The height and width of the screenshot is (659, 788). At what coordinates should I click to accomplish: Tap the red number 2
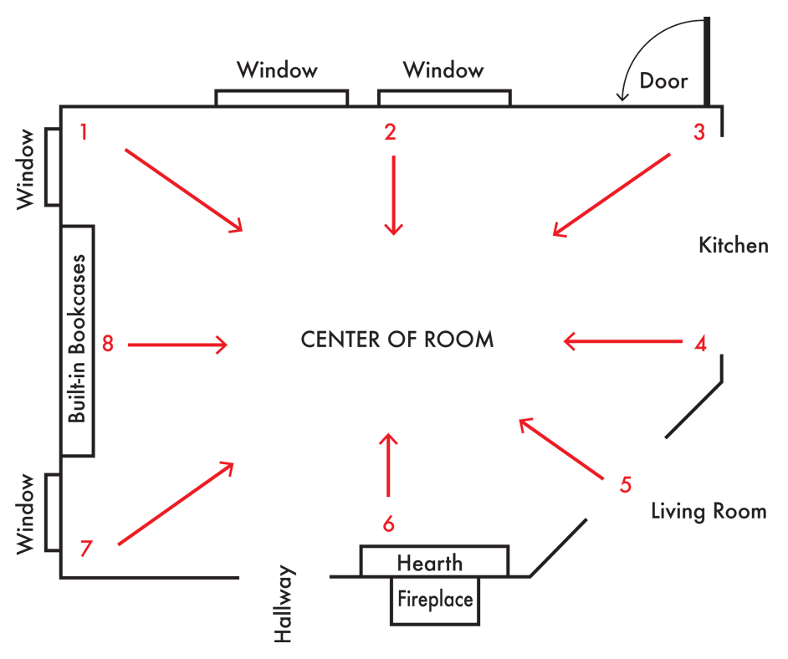click(x=389, y=131)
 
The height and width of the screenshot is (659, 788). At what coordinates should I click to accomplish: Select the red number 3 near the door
click(x=699, y=131)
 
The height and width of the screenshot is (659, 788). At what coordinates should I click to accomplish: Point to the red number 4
click(x=701, y=342)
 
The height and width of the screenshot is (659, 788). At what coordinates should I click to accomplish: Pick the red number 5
click(x=626, y=484)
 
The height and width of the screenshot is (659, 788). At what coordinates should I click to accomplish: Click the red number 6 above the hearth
click(x=388, y=524)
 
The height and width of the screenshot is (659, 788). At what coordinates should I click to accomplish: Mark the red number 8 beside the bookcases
click(x=107, y=343)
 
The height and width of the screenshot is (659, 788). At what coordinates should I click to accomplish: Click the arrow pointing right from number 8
click(x=177, y=344)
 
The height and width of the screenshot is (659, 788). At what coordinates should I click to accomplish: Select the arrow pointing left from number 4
click(x=623, y=341)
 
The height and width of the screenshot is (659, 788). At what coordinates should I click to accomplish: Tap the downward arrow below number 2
click(x=393, y=195)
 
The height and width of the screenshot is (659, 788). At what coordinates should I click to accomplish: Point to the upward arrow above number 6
click(x=387, y=465)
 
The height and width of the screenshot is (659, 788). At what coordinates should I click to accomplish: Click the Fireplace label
click(x=435, y=600)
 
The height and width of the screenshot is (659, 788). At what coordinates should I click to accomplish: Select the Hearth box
click(x=433, y=562)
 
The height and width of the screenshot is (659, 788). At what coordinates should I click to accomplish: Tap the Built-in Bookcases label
click(x=78, y=340)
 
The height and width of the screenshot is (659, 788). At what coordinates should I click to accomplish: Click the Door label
click(x=663, y=81)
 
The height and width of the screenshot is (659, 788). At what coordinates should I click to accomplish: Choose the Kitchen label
click(x=733, y=246)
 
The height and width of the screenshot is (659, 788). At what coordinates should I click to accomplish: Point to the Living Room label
click(x=709, y=511)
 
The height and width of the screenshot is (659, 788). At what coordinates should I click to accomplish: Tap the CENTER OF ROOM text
click(x=397, y=340)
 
